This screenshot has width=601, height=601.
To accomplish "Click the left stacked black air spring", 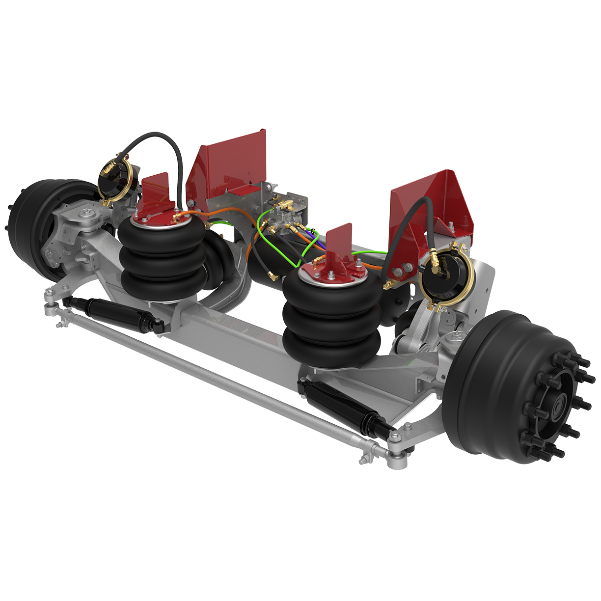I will click(162, 260).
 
